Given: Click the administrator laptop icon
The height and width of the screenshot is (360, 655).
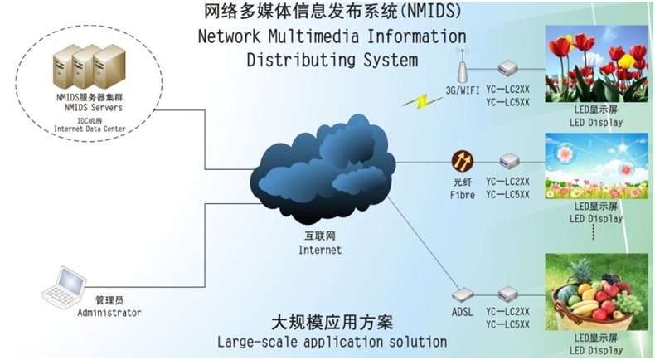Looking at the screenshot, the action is coord(65,288).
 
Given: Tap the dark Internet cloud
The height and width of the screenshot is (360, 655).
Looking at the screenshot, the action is coord(323,170).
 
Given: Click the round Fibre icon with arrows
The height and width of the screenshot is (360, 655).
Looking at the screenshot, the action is coord(463,162).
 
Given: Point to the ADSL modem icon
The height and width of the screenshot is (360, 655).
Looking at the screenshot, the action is coord(463,295).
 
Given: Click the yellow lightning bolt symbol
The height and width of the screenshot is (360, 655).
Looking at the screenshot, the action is coord(422,101).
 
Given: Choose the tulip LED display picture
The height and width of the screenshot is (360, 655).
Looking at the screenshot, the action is coord(596,63).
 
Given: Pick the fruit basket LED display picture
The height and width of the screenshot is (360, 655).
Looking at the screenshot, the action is coord(596,291).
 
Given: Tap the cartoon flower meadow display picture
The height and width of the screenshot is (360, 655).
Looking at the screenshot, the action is coord(596,166).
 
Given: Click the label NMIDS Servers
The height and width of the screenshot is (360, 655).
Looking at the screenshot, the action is coord(94,108).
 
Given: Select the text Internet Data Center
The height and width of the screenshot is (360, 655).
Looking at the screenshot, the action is coord(90,129).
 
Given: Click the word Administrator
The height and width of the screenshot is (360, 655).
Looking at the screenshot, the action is coord(109,313).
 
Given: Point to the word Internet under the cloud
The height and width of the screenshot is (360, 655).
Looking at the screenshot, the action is coord(320,250).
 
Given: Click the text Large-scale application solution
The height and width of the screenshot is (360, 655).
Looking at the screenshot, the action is coord(332,342).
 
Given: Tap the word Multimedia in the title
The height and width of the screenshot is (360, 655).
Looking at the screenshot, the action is coord(313,36).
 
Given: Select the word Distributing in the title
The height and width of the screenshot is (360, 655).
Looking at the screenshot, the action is coord(301,60).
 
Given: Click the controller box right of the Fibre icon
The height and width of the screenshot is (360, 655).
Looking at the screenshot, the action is coord(509,161).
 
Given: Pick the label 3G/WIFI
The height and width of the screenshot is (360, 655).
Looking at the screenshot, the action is coord(463,90).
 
